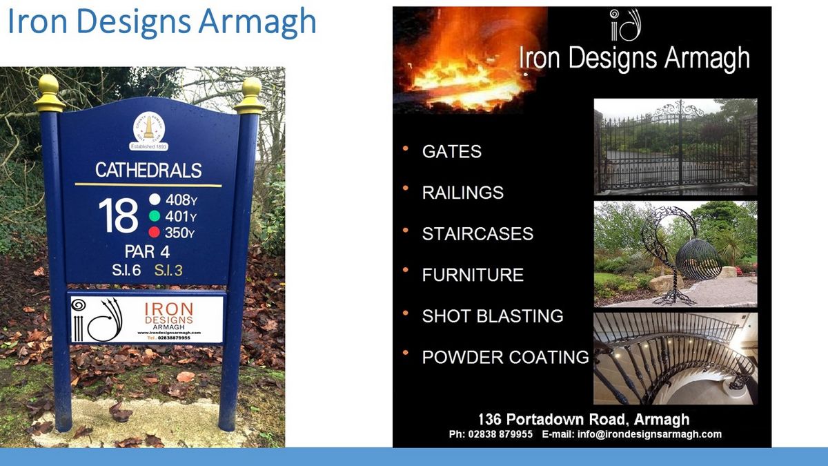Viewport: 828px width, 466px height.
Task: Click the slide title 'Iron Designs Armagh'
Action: point(161,22)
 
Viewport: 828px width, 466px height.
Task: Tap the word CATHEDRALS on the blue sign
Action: point(148,170)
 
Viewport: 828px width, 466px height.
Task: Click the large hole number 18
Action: point(118,215)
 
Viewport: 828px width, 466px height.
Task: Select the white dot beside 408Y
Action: point(155,200)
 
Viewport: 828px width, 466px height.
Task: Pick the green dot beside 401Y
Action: point(155,216)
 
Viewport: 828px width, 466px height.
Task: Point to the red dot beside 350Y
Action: point(155,233)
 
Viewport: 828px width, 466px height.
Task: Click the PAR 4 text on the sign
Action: point(148,251)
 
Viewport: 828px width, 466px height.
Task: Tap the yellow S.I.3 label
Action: point(168,271)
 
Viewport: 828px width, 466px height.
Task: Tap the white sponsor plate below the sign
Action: point(147,318)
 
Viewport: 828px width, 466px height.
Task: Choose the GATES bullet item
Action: point(452,152)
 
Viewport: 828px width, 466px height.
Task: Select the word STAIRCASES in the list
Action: point(477,234)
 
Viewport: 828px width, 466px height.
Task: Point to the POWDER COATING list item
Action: point(505,358)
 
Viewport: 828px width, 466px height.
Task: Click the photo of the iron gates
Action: point(675,146)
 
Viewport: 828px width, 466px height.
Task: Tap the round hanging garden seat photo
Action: point(675,254)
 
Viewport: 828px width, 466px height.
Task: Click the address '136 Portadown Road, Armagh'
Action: point(583,419)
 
